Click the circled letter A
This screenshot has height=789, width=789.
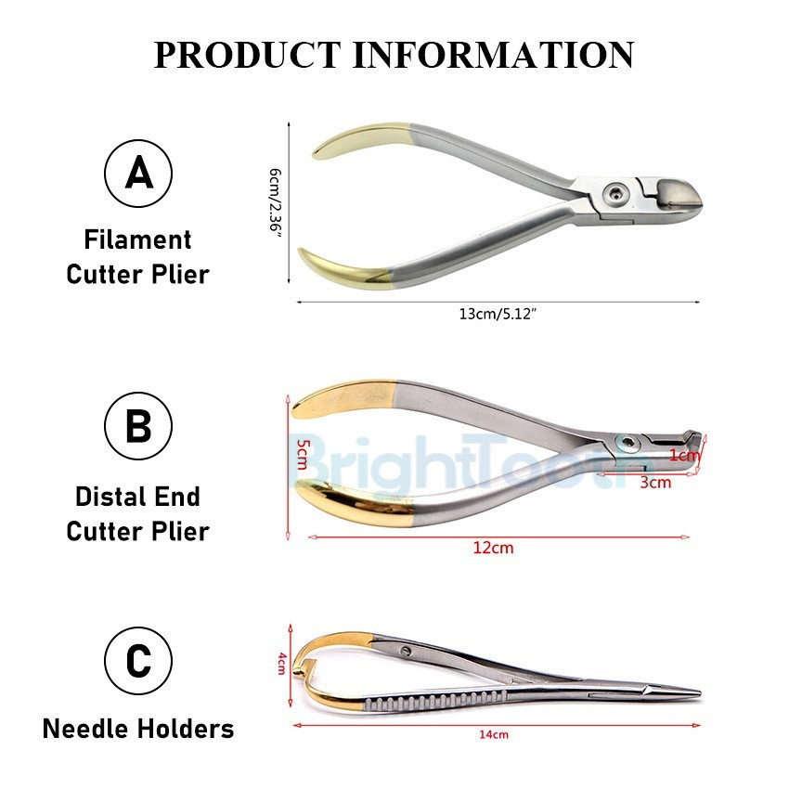[x=138, y=173]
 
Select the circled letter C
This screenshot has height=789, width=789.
[x=138, y=663]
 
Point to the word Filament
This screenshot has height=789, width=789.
[x=137, y=240]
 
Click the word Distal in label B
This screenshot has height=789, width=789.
[x=104, y=496]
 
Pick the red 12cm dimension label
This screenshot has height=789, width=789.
[x=493, y=548]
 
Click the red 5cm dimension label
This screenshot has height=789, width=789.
[x=301, y=452]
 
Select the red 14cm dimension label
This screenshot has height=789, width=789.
[x=493, y=735]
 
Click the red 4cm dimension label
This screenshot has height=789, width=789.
[x=281, y=666]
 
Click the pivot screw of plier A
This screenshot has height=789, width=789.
[x=612, y=194]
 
